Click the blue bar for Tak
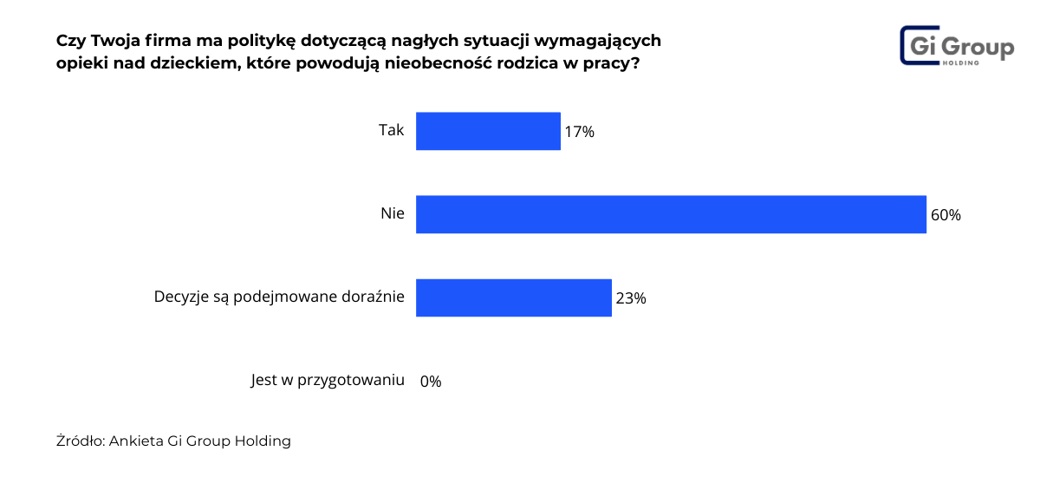(488, 131)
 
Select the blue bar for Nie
(671, 214)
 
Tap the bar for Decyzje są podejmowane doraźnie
(514, 297)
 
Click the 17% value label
(579, 132)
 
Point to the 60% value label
(946, 215)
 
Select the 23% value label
(630, 298)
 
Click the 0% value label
(431, 382)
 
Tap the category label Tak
(391, 130)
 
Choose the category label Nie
(392, 213)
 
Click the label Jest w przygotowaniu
(328, 380)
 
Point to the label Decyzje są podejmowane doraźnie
(279, 297)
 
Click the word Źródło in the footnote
(80, 441)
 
